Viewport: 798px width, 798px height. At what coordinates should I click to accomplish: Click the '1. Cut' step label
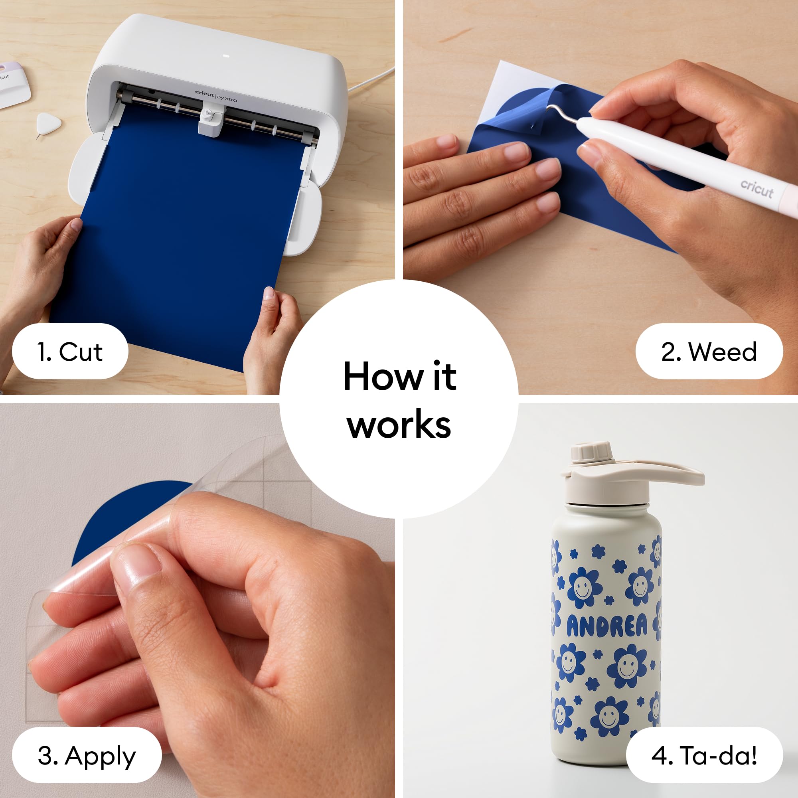(70, 352)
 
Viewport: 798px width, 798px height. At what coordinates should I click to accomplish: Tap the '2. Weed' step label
(709, 352)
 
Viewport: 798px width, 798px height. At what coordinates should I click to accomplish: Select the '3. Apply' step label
(87, 756)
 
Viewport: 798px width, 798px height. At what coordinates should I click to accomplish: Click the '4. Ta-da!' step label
(704, 756)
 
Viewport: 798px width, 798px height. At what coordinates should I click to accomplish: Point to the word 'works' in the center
(399, 425)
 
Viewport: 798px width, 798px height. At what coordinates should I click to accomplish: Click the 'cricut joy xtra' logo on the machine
(216, 96)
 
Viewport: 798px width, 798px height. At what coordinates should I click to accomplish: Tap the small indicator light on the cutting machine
(225, 56)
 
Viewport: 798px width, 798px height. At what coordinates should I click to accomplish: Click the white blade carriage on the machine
(211, 120)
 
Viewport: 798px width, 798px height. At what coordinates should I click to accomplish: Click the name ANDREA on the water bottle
(606, 626)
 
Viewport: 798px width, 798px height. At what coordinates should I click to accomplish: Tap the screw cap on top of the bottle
(591, 453)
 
